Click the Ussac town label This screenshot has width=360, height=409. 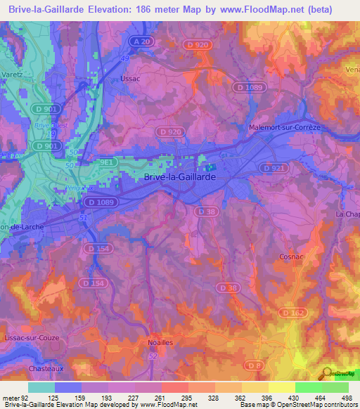[x=131, y=79]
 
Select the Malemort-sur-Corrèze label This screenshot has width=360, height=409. [x=285, y=127]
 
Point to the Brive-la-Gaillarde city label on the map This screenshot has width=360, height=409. [x=179, y=178]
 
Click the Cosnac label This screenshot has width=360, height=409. [x=290, y=257]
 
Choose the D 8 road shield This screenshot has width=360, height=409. [x=257, y=365]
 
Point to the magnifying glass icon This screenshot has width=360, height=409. [x=327, y=373]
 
